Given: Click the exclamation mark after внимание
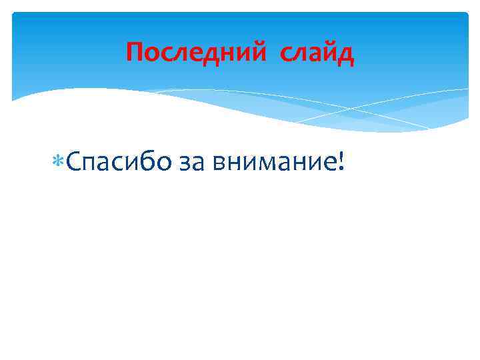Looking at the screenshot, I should tap(341, 161).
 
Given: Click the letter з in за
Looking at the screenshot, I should tap(186, 164).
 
